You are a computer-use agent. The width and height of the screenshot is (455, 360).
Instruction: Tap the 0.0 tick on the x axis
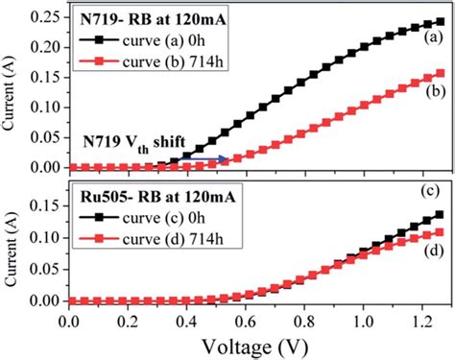68,318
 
